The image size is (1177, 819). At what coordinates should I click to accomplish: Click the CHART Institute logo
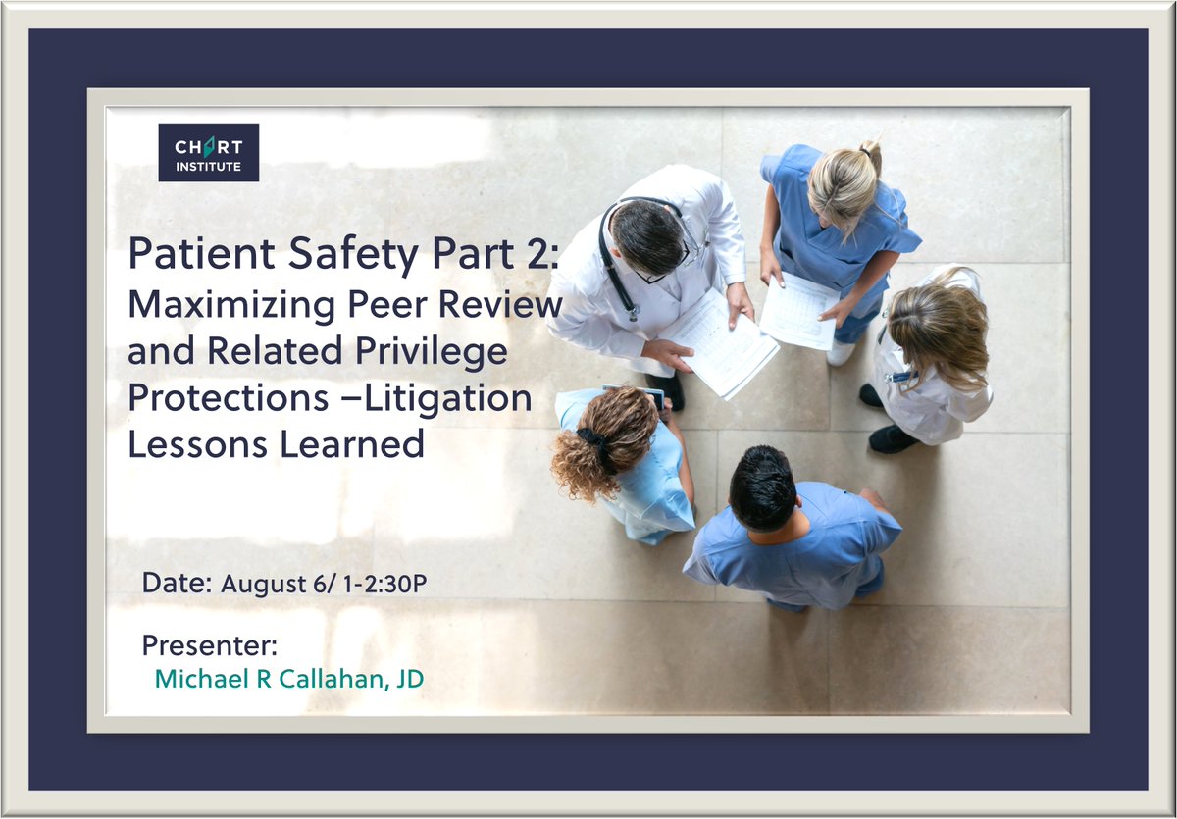tap(209, 152)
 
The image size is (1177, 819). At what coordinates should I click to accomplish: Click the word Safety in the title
tap(353, 255)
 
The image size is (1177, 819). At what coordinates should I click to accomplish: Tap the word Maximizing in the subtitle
tap(231, 306)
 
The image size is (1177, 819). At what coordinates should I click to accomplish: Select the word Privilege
tap(432, 352)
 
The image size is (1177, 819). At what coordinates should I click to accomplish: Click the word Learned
tap(351, 444)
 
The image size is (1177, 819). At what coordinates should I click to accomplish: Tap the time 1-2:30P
tap(384, 584)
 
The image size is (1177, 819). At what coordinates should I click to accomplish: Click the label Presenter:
tap(210, 645)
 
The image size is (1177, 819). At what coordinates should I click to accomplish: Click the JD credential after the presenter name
tap(410, 679)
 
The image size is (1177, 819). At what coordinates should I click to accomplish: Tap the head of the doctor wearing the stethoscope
tap(648, 237)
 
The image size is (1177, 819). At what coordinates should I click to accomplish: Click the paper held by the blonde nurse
tap(798, 311)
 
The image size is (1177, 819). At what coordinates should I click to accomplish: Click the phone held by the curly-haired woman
tap(653, 397)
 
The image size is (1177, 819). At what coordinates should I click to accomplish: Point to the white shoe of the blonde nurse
tap(841, 353)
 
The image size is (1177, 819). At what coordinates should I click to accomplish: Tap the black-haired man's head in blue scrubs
tap(763, 488)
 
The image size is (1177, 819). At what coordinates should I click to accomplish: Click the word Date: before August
tap(178, 584)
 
